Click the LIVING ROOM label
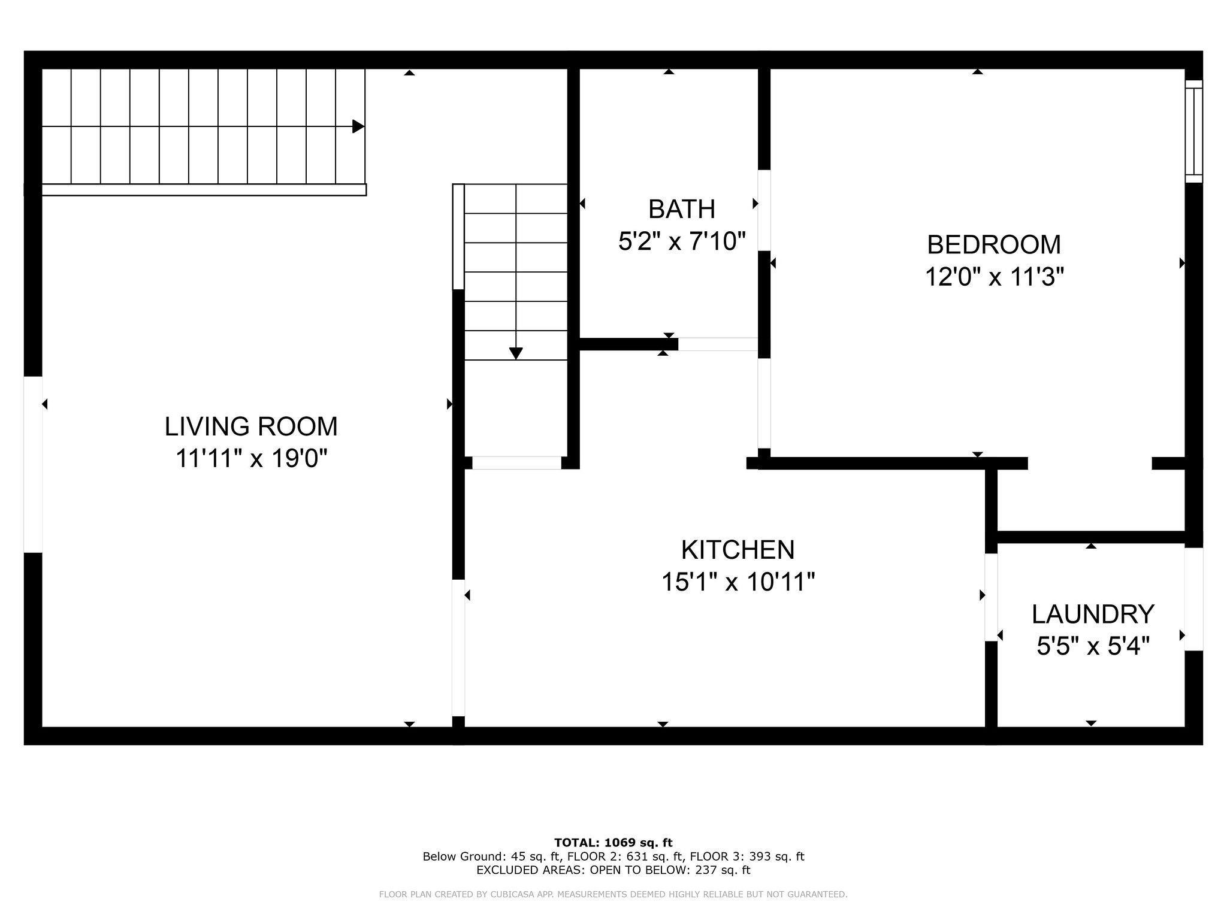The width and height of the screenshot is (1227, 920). pos(251,426)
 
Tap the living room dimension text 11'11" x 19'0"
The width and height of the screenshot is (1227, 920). pos(252,459)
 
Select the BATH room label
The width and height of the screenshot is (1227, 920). pos(682,209)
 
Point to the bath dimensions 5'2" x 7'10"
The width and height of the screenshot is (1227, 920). pos(682,241)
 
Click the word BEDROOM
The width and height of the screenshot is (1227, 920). pos(994,244)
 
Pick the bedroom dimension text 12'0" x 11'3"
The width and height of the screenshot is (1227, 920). pos(995,277)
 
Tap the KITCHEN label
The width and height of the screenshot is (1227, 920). pos(738,549)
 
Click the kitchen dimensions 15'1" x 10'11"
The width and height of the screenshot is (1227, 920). pos(738,582)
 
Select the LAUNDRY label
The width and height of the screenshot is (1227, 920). pos(1093,614)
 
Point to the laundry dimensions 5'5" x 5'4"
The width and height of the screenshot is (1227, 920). pos(1093,646)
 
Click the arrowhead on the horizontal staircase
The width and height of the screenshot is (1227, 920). pos(358,126)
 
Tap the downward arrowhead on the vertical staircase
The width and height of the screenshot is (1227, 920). pos(516,353)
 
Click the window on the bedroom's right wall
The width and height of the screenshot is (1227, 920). pos(1194,131)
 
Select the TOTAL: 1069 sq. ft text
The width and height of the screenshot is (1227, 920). pos(613,843)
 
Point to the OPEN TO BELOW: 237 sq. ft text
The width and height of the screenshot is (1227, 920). pos(670,870)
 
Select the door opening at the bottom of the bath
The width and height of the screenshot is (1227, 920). pos(718,344)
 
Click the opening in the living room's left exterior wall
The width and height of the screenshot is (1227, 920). pos(33,464)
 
